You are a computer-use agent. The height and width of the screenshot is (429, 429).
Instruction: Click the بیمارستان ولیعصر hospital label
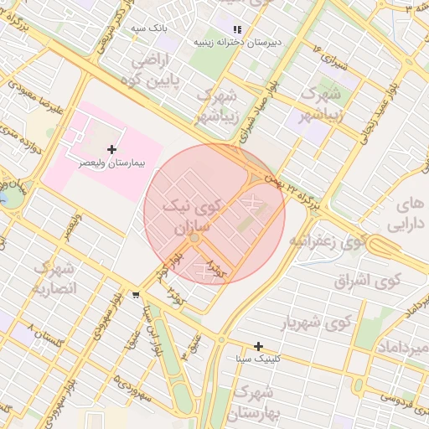[x=111, y=164]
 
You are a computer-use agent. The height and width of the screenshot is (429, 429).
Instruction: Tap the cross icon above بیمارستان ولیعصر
[x=111, y=149]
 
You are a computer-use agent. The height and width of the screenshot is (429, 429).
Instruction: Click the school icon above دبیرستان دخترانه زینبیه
[x=237, y=28]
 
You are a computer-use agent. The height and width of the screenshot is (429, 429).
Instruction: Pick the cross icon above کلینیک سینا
[x=259, y=346]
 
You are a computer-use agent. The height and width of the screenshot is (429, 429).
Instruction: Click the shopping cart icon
[x=136, y=295]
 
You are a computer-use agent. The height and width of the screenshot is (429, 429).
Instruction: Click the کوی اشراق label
[x=369, y=281]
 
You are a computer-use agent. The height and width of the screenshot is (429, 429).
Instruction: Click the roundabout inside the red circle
[x=194, y=239]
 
